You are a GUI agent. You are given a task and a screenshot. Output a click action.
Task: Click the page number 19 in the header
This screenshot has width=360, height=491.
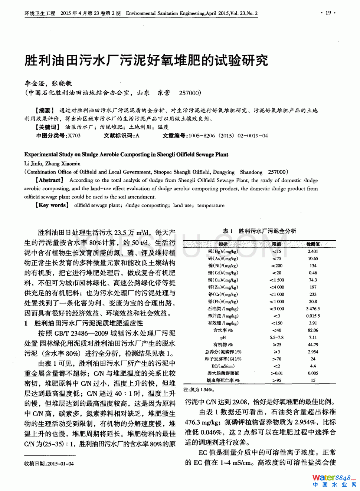coord(328,13)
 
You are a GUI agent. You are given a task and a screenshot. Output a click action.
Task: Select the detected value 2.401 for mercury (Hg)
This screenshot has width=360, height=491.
coord(313,251)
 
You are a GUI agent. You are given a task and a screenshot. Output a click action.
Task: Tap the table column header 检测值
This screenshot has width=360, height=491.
coord(313,244)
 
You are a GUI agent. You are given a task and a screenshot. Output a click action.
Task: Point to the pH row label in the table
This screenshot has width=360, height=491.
coord(223,337)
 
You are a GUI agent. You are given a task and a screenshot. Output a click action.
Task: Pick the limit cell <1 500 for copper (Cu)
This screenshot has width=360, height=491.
coord(277,280)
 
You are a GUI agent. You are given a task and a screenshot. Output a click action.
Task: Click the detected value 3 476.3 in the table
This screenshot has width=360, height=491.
coord(313,309)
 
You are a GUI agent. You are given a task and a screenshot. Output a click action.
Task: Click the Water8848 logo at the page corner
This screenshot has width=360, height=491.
coord(334,481)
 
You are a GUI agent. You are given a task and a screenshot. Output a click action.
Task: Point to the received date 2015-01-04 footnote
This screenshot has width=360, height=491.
coord(49,464)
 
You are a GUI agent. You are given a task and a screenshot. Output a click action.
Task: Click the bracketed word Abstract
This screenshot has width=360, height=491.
coord(49,180)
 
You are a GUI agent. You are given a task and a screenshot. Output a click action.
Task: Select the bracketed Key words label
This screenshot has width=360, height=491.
coord(52,205)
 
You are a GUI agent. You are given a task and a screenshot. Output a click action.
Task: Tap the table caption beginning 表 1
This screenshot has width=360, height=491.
coord(259,231)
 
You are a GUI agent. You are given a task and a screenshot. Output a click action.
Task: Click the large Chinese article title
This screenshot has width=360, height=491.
coord(146,60)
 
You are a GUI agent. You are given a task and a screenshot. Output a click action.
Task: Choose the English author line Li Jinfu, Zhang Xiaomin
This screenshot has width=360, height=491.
coord(52,164)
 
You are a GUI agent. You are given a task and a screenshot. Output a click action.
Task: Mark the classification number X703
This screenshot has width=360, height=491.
coord(74,136)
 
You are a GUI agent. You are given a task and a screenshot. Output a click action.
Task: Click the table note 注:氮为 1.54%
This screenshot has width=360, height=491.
coord(199,390)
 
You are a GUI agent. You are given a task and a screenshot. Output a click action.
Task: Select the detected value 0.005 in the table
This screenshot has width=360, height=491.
coord(313,373)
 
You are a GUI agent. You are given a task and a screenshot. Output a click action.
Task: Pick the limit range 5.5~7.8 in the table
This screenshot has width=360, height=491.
coord(276,337)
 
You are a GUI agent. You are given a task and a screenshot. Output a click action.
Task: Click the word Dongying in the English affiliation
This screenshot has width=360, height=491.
coord(223,172)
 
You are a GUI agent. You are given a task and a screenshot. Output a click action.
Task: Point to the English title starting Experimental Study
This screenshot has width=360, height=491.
coord(126,155)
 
